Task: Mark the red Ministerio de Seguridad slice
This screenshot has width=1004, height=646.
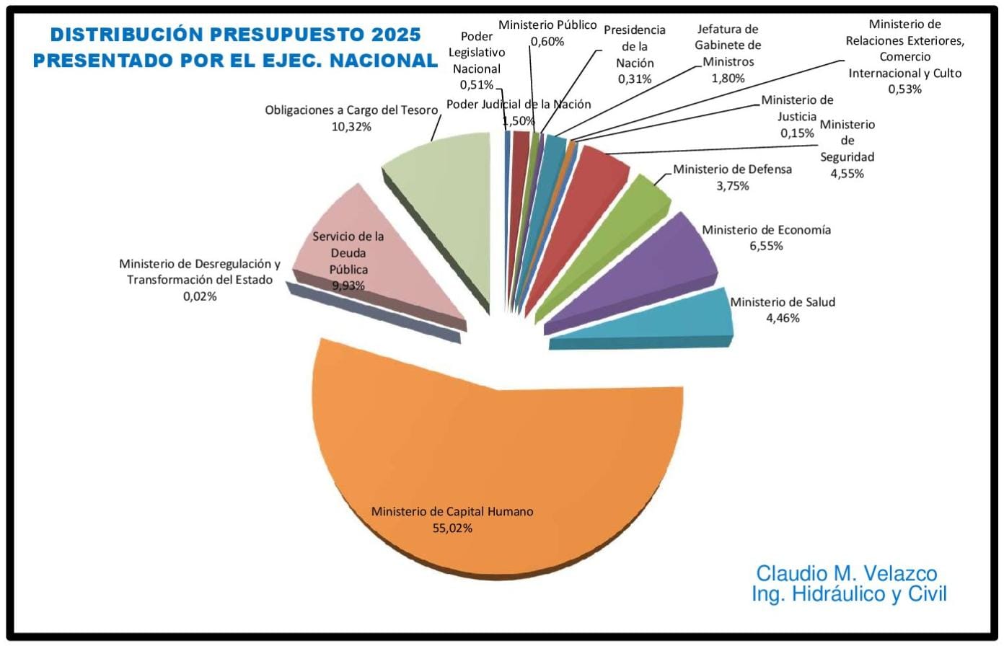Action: tap(584, 202)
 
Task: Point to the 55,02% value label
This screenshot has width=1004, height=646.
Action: tap(452, 528)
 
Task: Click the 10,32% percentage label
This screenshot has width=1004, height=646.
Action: tap(351, 127)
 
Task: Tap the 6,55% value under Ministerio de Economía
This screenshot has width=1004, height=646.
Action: tap(766, 246)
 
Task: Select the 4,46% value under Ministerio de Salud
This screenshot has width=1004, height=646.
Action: tap(783, 318)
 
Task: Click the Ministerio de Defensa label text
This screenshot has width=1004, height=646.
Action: tap(732, 169)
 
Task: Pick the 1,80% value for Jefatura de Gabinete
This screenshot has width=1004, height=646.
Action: tap(728, 78)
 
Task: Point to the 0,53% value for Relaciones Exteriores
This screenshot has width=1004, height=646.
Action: tap(904, 89)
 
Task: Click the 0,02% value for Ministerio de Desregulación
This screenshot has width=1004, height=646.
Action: tap(200, 296)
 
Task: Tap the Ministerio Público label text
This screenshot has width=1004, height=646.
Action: tap(547, 25)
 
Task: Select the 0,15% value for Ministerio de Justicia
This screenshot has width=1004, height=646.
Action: tap(797, 133)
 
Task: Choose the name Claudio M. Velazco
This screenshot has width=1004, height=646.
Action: tap(846, 574)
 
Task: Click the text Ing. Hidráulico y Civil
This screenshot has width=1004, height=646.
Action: tap(849, 595)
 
